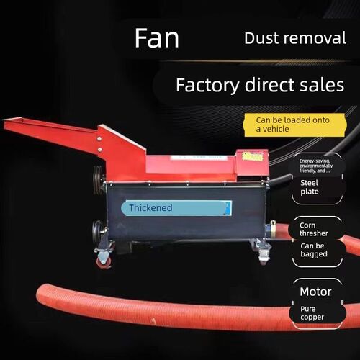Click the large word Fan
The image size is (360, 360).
[x=157, y=38]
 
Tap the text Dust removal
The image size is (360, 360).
[x=295, y=38]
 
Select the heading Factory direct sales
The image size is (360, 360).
[x=260, y=85]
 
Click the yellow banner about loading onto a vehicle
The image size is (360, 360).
[x=295, y=125]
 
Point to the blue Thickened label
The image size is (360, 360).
[x=176, y=208]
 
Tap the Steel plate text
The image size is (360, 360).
[x=310, y=187]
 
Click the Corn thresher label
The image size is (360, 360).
[x=314, y=229]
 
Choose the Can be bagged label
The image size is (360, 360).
[x=314, y=250]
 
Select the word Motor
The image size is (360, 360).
[x=315, y=292]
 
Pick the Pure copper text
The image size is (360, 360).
[x=312, y=313]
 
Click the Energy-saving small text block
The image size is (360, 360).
[x=316, y=166]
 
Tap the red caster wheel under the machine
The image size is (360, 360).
[x=104, y=261]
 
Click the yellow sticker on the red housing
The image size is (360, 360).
[x=252, y=157]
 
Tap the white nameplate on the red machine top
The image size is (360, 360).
[x=198, y=158]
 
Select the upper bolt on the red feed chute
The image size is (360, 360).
[x=99, y=139]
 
